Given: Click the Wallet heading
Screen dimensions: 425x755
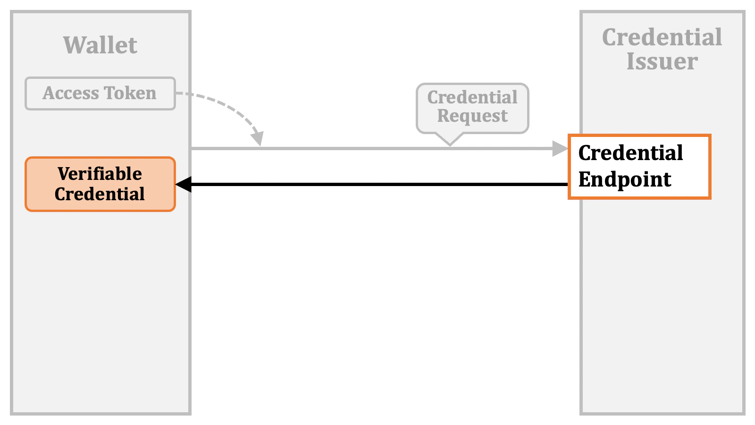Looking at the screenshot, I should (100, 45).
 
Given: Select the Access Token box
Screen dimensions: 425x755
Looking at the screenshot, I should (100, 93).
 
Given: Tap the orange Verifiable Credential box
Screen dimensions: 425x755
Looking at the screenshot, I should (100, 184).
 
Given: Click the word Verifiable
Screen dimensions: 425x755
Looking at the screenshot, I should (100, 174).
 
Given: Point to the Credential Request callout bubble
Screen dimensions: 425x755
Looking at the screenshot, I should (472, 108).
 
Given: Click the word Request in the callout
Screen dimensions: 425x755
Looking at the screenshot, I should (472, 116).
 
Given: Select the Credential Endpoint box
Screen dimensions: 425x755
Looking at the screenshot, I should (639, 167).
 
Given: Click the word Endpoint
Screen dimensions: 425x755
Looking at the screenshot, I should (625, 180).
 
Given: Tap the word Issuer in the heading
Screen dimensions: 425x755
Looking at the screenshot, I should (662, 61).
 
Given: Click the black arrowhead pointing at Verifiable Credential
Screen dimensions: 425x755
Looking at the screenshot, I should (183, 184).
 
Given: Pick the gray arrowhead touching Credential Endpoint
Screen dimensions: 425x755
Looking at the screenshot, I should (560, 149).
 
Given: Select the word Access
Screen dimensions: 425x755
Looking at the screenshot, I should (71, 93).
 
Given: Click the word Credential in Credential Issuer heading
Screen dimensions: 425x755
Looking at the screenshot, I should (662, 37).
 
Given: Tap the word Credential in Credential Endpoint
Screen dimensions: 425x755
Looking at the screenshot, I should (630, 153).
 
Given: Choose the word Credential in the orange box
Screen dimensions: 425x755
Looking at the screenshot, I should (100, 195).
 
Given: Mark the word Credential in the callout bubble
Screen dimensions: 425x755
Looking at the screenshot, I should (472, 97).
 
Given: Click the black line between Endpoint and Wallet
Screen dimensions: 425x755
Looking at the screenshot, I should (377, 184).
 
